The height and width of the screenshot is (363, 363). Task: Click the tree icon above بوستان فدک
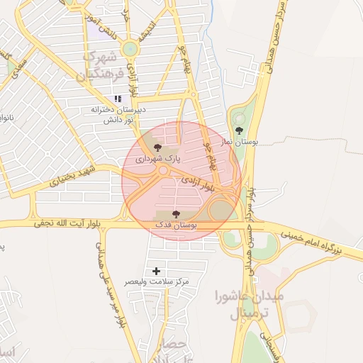177,214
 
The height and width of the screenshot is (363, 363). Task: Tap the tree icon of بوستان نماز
239,130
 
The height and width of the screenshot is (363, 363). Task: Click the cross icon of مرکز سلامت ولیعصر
157,271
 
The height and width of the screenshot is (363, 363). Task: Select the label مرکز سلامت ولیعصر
157,282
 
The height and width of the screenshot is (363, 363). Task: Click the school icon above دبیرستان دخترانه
118,99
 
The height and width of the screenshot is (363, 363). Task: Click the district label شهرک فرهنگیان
103,65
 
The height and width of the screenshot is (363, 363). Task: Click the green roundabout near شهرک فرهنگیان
130,48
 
